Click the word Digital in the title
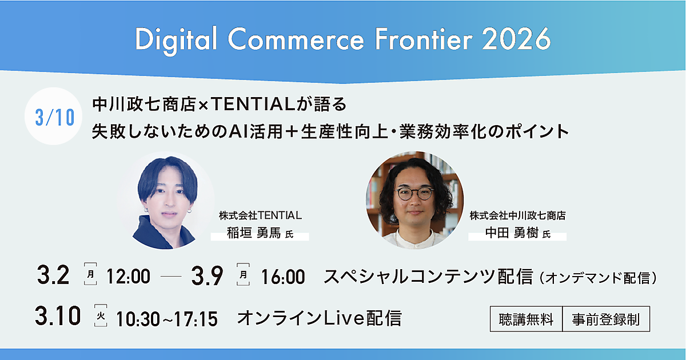click(x=177, y=40)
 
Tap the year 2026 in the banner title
click(x=516, y=39)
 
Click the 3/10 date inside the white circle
click(x=55, y=117)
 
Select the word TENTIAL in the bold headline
click(x=253, y=104)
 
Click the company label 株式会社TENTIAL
click(x=260, y=215)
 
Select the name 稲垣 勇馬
click(x=254, y=233)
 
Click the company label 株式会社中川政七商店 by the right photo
click(x=517, y=215)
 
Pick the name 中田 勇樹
click(x=512, y=233)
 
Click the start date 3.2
click(x=53, y=275)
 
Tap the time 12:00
click(x=128, y=277)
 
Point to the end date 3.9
click(x=208, y=276)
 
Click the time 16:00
click(x=283, y=277)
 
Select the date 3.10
click(x=58, y=315)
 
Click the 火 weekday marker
click(x=101, y=315)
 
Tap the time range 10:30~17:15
click(x=167, y=319)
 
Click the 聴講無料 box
click(x=526, y=319)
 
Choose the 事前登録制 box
click(x=606, y=319)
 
